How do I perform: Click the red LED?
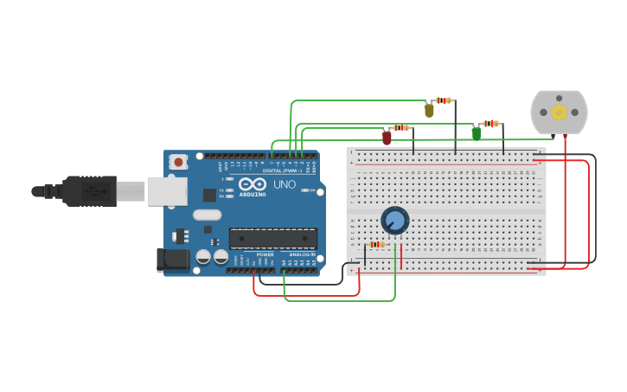(x=387, y=137)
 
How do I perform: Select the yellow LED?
(x=429, y=110)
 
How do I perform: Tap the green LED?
(x=476, y=132)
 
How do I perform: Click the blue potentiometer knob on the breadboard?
(x=394, y=221)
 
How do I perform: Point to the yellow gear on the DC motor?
(x=559, y=112)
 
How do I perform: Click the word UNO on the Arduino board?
(x=285, y=185)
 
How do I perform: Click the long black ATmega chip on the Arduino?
(x=272, y=237)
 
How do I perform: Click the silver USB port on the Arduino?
(x=167, y=191)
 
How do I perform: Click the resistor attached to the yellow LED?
(x=444, y=100)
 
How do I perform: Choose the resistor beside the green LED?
(x=491, y=124)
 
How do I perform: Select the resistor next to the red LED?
(x=400, y=128)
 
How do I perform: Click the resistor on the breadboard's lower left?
(x=376, y=244)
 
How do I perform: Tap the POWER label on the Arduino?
(x=265, y=254)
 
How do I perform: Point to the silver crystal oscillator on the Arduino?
(x=208, y=215)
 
